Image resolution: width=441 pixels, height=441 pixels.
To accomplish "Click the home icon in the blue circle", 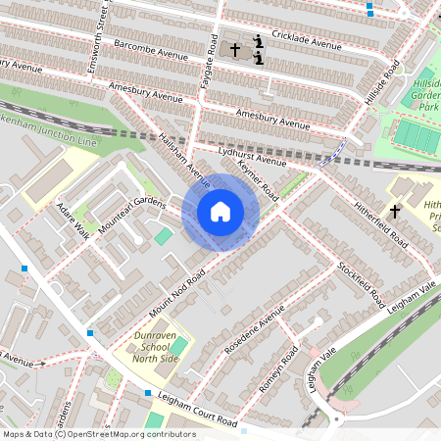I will coord(220,212).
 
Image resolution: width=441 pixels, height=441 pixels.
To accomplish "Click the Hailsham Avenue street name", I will coord(185,163).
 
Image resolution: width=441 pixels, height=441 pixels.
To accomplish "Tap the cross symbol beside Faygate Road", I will coord(235,48).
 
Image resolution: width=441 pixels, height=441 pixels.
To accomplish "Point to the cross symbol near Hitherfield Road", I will coord(395,211).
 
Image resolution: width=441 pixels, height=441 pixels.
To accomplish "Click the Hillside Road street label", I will coord(383,86).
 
